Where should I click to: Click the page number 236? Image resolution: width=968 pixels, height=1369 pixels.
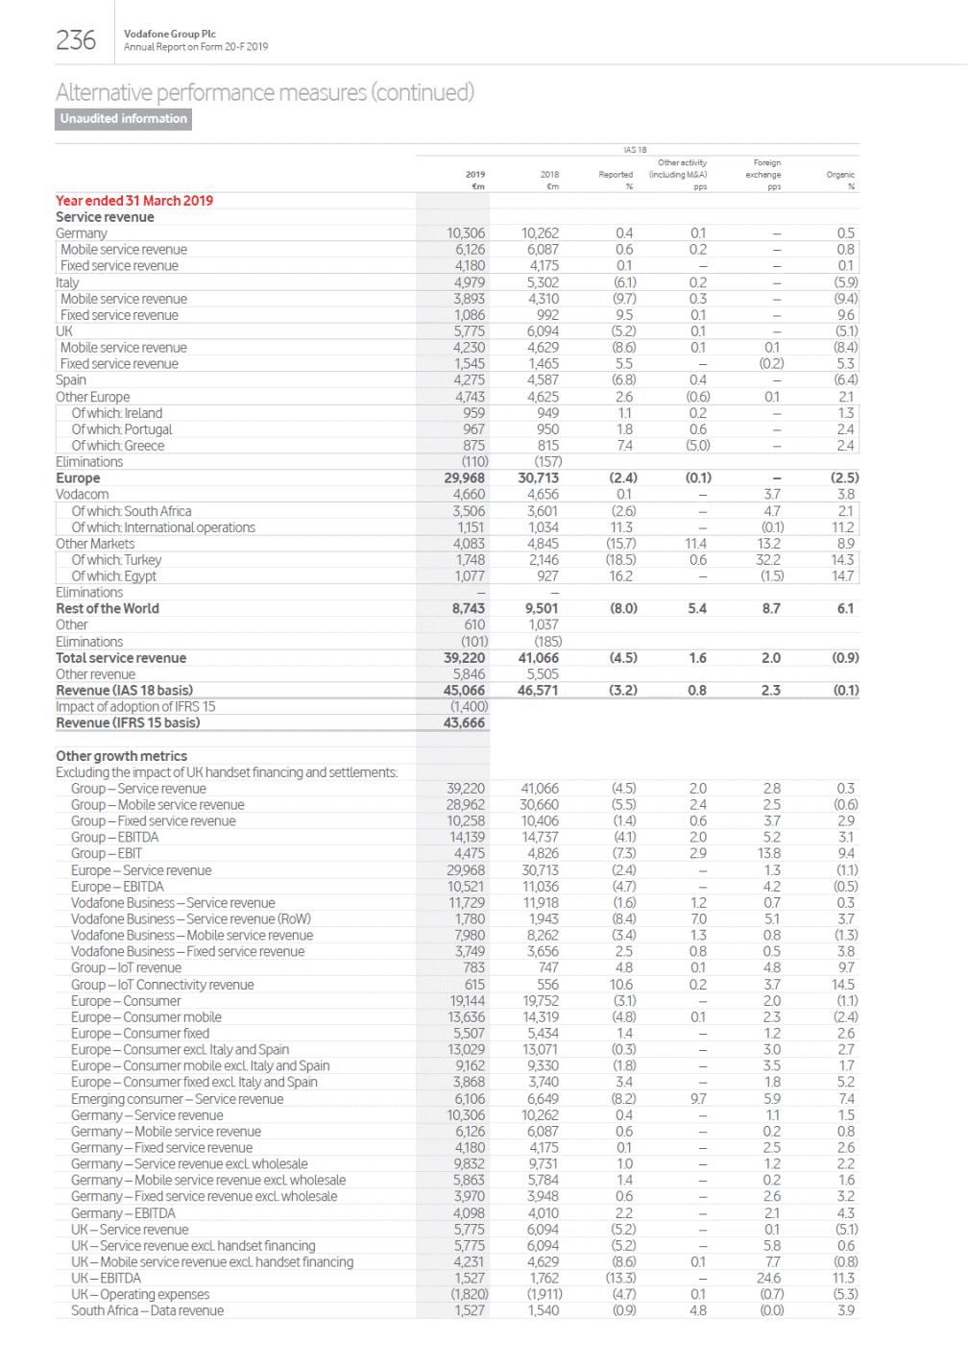coord(76,40)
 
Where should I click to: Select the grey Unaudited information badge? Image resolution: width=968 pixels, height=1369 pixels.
coord(123,119)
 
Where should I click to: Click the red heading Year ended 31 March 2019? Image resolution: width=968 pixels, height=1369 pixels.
coord(134,201)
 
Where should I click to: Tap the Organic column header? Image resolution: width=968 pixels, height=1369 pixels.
coord(840,175)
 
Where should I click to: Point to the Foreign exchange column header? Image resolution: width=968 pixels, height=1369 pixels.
coord(765,169)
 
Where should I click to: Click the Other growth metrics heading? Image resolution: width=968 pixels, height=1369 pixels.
coord(121,756)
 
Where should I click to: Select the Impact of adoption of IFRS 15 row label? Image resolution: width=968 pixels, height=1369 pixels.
coord(135,706)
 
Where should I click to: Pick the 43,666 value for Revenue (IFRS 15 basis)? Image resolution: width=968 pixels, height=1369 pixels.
coord(464,722)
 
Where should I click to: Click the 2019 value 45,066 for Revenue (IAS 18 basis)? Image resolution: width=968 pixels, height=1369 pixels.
coord(464,690)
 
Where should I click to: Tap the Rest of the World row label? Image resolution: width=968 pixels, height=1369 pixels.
coord(108,608)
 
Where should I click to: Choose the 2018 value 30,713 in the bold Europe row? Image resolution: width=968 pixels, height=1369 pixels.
coord(538,477)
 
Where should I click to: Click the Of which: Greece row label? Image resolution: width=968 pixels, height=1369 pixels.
coord(117,446)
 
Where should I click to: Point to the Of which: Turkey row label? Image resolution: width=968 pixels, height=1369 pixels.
coord(116,560)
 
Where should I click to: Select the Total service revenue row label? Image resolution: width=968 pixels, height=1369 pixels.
coord(121,658)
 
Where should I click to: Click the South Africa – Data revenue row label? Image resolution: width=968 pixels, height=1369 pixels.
coord(147,1310)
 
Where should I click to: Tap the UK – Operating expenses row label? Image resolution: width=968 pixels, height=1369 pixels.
coord(140,1294)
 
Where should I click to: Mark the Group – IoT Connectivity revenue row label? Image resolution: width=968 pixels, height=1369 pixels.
coord(162,985)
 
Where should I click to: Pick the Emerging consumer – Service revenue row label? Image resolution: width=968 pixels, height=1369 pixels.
coord(177,1099)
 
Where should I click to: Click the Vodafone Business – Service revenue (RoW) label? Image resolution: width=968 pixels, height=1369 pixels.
coord(191,919)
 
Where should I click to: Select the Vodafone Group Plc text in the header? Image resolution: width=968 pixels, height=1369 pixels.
coord(170,34)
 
